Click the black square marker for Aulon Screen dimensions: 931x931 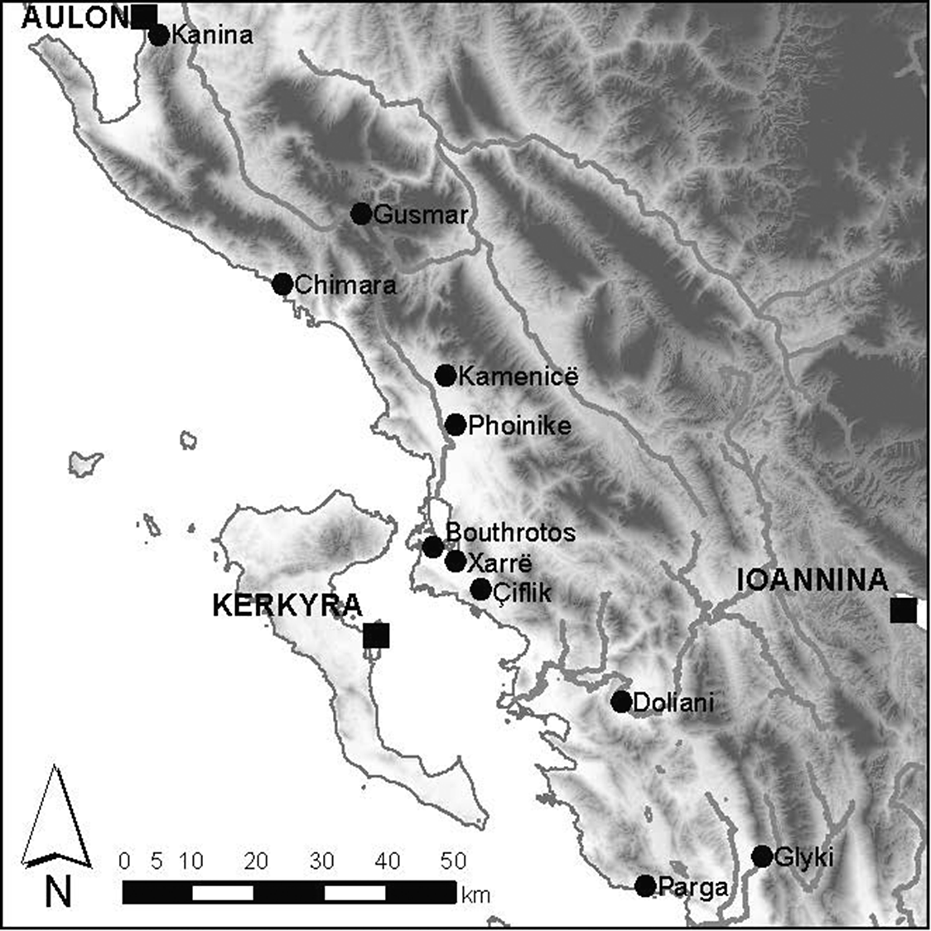[144, 16]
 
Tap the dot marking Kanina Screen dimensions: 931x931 [159, 35]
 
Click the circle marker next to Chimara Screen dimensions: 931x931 [282, 284]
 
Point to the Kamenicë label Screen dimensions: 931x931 [518, 377]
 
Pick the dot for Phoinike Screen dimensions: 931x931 [456, 425]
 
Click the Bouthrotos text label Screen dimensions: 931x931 [510, 533]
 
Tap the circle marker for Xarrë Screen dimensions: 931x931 [456, 562]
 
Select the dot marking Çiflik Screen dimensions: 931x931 [481, 590]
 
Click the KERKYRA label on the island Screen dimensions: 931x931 [287, 605]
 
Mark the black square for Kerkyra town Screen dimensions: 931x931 [376, 635]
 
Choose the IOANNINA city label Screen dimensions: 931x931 [813, 581]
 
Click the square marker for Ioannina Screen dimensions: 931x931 [903, 610]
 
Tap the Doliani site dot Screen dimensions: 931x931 [621, 702]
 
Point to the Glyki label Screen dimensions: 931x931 [803, 856]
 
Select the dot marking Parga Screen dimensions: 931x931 [645, 885]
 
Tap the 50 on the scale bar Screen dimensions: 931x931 [452, 861]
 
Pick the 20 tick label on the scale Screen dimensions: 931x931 [256, 861]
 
